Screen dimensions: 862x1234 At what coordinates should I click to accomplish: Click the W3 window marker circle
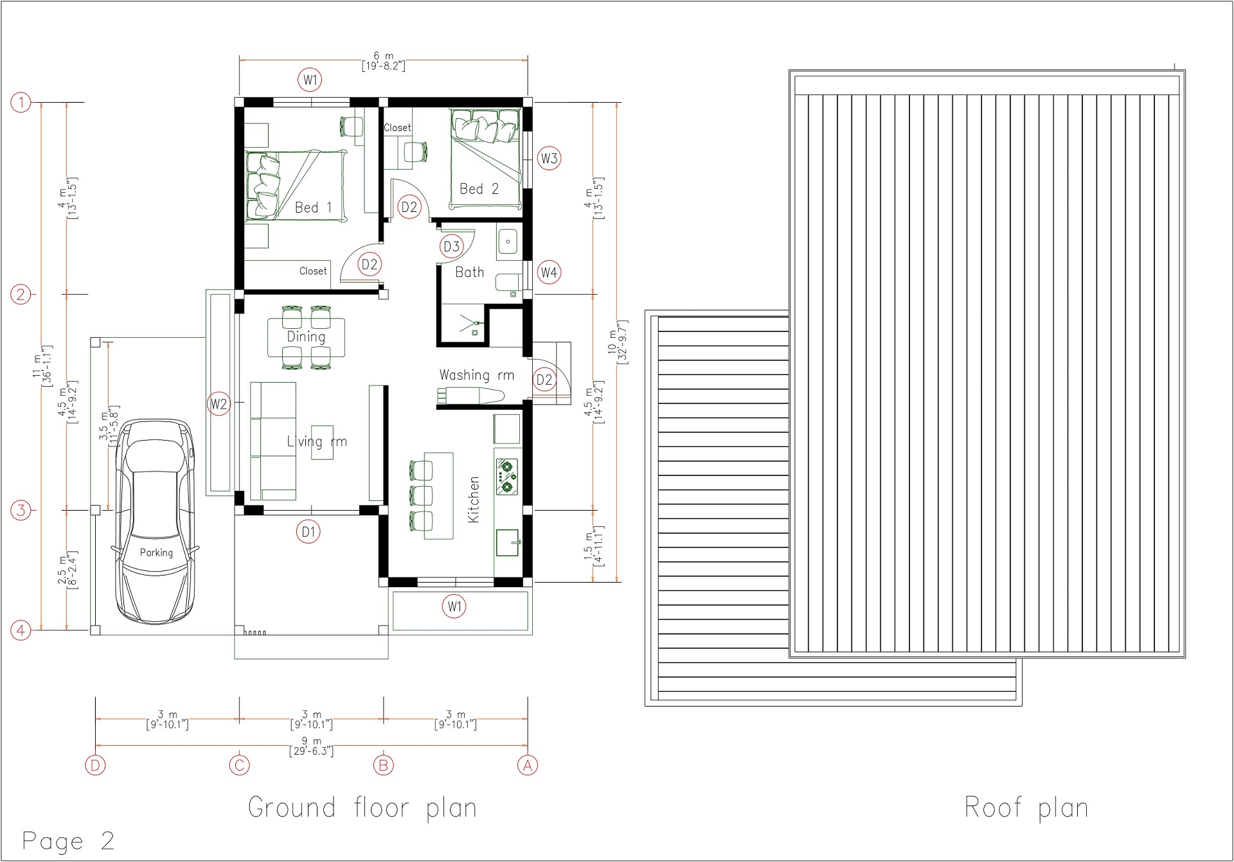(549, 159)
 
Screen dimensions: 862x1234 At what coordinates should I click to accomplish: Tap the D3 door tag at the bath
(452, 246)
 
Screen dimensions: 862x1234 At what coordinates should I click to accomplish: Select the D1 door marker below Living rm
(308, 532)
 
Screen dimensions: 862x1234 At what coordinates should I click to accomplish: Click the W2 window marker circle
(219, 404)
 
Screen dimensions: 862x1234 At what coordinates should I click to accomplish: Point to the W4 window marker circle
(549, 272)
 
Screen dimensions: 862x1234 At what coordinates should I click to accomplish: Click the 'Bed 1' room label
(313, 207)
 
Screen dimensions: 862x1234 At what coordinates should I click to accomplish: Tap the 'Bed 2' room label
(479, 189)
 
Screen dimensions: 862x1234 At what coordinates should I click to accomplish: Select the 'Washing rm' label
(476, 375)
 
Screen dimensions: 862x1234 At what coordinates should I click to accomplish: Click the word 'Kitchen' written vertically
(474, 500)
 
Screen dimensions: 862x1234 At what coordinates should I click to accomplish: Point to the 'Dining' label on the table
(306, 337)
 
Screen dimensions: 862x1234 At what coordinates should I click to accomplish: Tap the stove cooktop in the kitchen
(507, 476)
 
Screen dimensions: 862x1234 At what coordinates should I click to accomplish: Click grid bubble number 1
(21, 102)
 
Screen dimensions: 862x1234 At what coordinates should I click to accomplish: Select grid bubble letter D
(96, 765)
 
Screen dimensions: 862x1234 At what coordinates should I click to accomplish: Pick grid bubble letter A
(528, 765)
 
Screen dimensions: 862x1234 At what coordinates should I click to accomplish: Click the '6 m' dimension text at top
(384, 57)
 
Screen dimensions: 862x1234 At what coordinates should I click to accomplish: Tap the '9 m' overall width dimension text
(312, 742)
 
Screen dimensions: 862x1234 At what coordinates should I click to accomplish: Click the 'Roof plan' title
(1026, 808)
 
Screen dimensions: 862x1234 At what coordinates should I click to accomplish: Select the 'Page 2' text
(68, 841)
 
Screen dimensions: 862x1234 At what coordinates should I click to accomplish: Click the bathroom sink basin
(508, 242)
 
